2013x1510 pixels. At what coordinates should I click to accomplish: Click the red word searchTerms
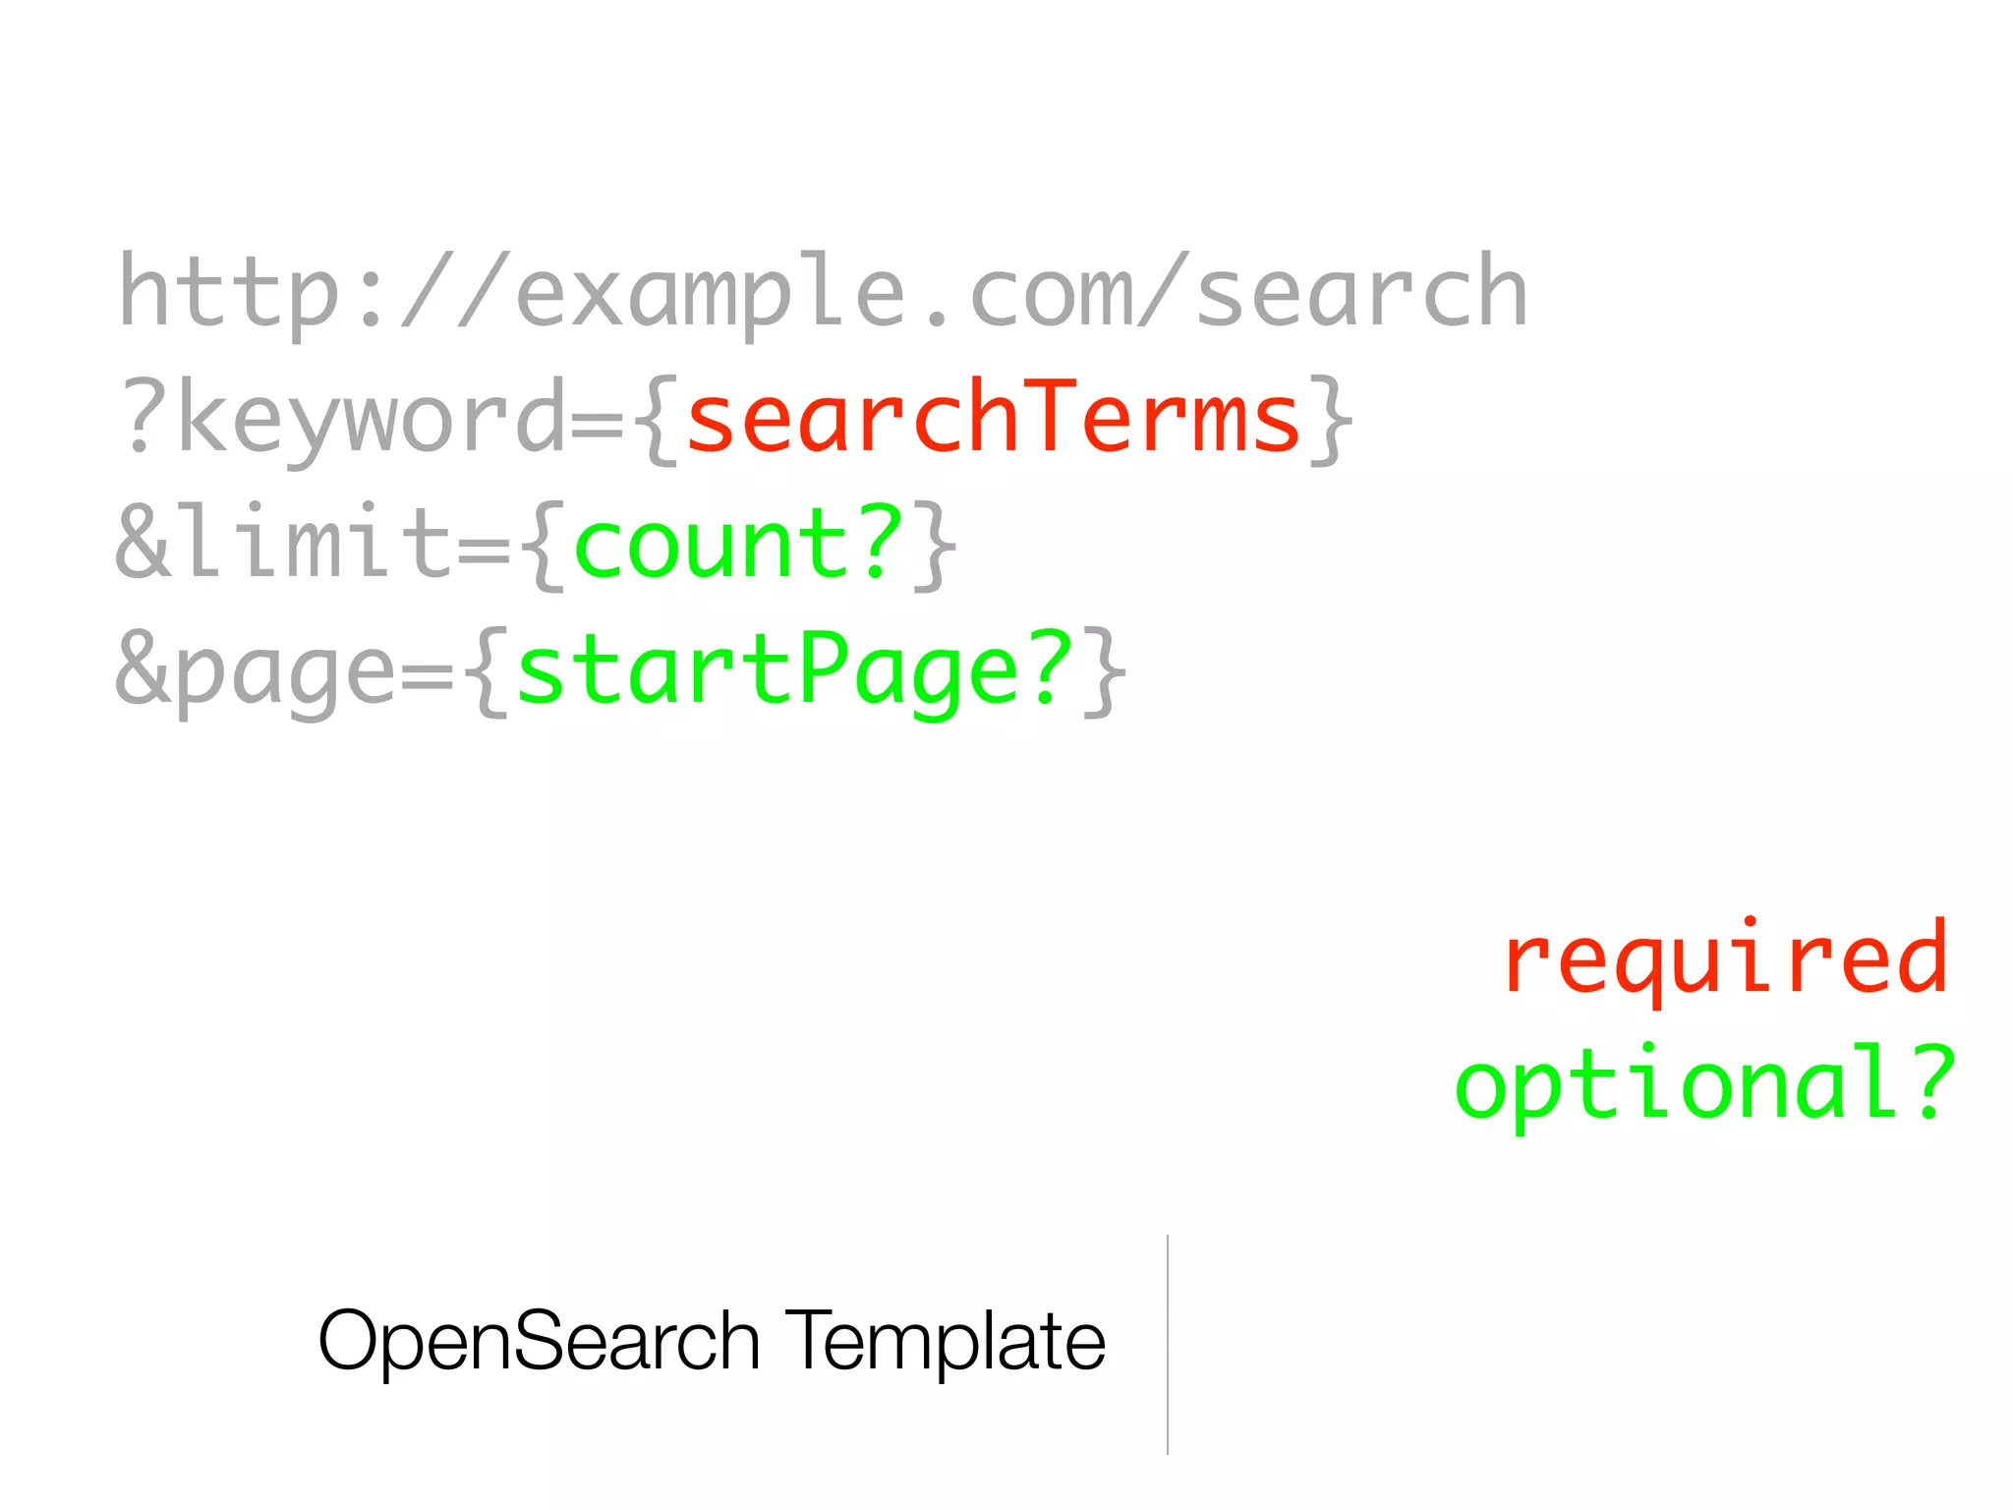click(x=993, y=418)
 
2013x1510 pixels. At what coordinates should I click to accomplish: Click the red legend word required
click(x=1725, y=958)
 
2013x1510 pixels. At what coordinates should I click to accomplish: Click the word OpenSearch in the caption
click(x=539, y=1341)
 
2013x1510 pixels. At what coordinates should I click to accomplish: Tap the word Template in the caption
click(x=945, y=1341)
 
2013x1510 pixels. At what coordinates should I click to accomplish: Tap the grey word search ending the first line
click(x=1361, y=292)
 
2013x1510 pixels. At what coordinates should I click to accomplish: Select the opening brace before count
click(x=545, y=545)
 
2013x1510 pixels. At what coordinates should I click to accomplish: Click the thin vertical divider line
click(x=1168, y=1344)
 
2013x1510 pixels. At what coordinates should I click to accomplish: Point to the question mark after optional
click(x=1929, y=1081)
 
